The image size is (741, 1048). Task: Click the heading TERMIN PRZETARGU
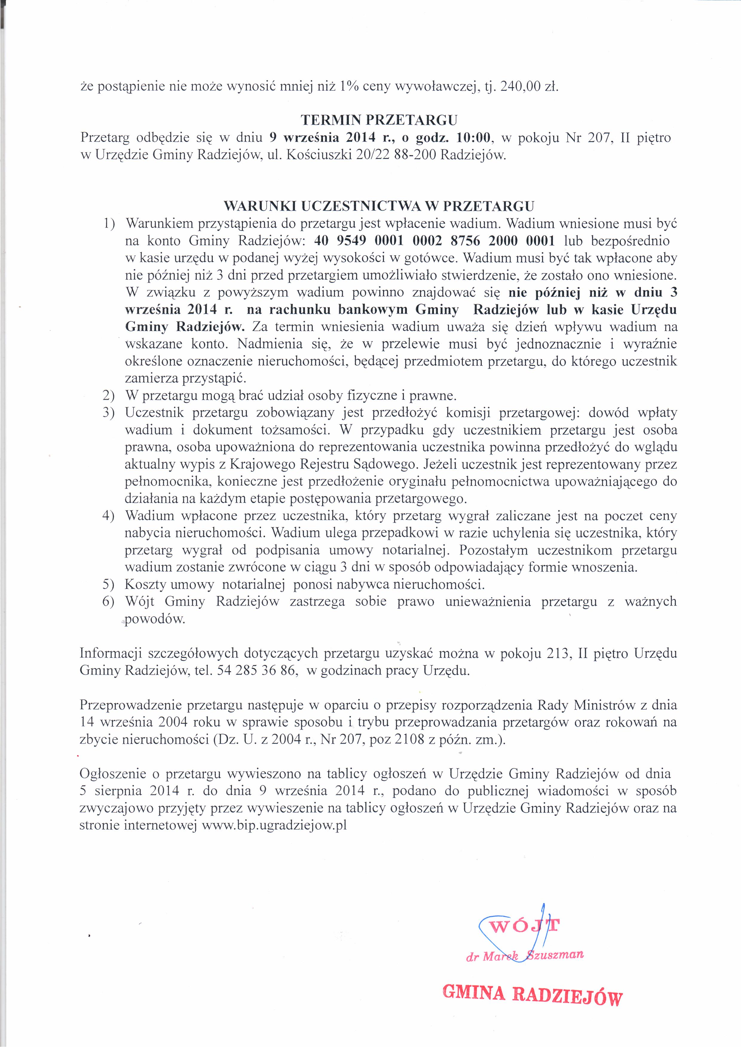(x=379, y=120)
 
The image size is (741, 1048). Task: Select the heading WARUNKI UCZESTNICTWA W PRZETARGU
(x=379, y=206)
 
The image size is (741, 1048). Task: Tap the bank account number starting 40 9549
(x=434, y=241)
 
